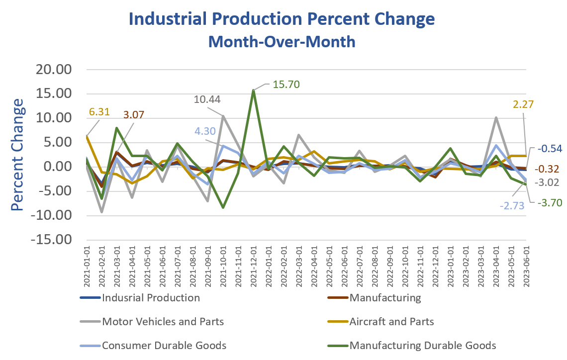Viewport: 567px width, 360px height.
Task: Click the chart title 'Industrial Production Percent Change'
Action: (x=282, y=19)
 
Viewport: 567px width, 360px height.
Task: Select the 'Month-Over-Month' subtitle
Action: (x=282, y=41)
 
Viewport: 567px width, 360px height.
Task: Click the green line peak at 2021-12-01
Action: (x=254, y=91)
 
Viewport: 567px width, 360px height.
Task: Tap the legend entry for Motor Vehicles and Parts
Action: (x=162, y=322)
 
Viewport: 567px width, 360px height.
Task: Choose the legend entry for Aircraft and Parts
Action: (x=391, y=322)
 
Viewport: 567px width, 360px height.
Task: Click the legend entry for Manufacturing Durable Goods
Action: (x=423, y=345)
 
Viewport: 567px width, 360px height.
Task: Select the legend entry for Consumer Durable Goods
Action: (x=164, y=345)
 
